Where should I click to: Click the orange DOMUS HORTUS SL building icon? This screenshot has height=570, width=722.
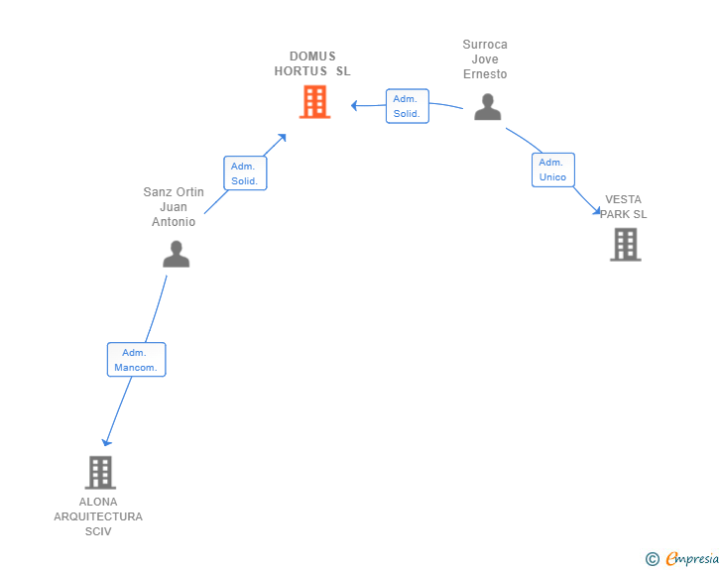click(314, 102)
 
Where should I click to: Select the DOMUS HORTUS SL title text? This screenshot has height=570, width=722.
click(312, 63)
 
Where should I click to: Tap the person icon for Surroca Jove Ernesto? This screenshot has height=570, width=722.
click(487, 107)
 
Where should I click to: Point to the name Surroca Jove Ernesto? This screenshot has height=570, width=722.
click(485, 59)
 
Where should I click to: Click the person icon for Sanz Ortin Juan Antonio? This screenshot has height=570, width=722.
click(176, 255)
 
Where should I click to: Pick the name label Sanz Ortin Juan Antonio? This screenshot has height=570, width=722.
click(174, 207)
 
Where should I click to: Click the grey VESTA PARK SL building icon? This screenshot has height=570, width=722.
click(625, 244)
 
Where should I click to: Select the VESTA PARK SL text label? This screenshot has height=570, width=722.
click(623, 206)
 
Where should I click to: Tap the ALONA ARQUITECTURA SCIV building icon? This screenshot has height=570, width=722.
click(100, 473)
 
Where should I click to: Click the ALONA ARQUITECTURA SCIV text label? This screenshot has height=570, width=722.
click(98, 516)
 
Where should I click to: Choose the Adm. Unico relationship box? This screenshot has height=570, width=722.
click(552, 170)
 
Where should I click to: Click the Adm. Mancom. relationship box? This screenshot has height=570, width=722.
click(136, 360)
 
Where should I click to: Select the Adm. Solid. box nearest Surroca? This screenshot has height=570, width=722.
click(407, 106)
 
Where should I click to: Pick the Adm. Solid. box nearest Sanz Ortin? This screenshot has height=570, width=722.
click(245, 173)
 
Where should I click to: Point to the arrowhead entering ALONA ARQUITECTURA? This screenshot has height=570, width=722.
click(106, 442)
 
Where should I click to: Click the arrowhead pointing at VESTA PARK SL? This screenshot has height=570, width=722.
click(596, 211)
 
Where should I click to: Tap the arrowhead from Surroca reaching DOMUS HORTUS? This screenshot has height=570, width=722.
click(354, 104)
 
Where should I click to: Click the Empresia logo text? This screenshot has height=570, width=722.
click(691, 559)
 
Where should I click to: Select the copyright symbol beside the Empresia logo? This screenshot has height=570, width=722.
click(652, 559)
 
